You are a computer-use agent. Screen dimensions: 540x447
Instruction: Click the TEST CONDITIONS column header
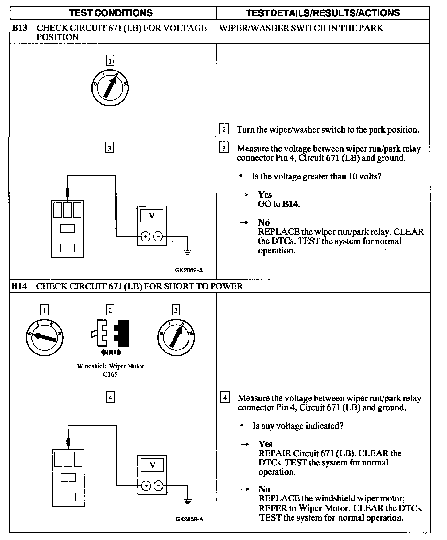(111, 13)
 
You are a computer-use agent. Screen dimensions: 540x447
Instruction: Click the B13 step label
(19, 28)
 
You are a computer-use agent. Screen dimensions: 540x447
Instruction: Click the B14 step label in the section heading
(19, 286)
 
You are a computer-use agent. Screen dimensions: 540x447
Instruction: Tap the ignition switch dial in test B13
(110, 88)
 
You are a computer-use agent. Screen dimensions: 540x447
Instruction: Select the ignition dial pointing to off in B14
(45, 337)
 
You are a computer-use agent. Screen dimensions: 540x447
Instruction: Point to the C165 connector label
(110, 374)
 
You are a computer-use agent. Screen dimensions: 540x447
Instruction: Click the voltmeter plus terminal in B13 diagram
(145, 237)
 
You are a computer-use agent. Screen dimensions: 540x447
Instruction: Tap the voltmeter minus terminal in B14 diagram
(158, 486)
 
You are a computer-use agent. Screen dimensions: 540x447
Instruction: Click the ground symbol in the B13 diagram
(187, 252)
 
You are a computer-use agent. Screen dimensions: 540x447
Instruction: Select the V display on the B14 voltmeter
(152, 465)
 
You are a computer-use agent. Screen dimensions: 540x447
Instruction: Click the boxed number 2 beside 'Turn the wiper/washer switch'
(224, 129)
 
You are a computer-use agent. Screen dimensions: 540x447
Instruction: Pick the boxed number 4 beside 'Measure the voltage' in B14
(225, 398)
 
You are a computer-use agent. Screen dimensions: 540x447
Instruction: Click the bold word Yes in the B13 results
(265, 195)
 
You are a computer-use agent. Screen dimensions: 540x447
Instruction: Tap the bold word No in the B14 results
(264, 489)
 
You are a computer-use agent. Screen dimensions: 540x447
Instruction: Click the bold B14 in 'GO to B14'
(290, 204)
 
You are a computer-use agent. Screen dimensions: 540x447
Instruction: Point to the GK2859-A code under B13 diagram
(189, 270)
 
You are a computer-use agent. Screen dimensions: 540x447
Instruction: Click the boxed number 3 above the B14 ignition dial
(176, 310)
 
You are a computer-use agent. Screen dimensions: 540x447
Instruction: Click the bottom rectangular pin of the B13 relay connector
(68, 248)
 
